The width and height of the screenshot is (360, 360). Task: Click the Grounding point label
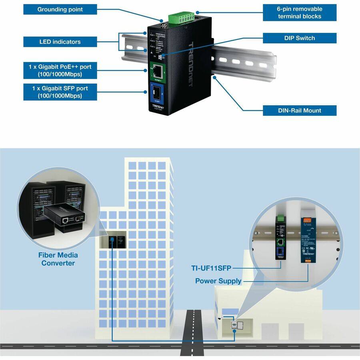[60, 9]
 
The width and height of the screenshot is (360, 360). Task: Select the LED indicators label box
[60, 42]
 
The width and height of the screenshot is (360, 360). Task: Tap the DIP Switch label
[300, 38]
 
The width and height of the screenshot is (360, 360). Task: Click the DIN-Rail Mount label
[300, 110]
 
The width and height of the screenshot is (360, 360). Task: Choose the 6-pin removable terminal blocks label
[300, 13]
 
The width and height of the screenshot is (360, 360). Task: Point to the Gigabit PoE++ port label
[60, 70]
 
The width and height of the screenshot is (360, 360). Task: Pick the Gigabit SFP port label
[60, 92]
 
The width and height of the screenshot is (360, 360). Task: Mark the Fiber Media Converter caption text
[58, 259]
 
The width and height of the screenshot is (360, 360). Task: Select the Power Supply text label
[218, 281]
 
